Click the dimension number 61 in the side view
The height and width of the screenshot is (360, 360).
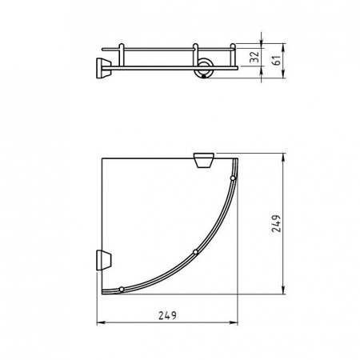tap(275, 60)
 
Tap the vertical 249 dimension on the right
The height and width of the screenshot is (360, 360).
tap(275, 224)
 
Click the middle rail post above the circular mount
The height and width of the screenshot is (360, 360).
tap(194, 53)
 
